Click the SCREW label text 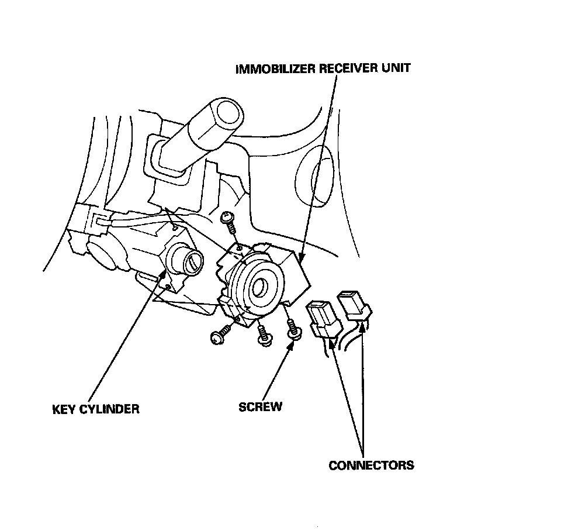[260, 406]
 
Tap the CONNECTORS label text [371, 466]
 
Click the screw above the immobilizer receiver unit [227, 222]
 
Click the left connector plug [321, 319]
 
